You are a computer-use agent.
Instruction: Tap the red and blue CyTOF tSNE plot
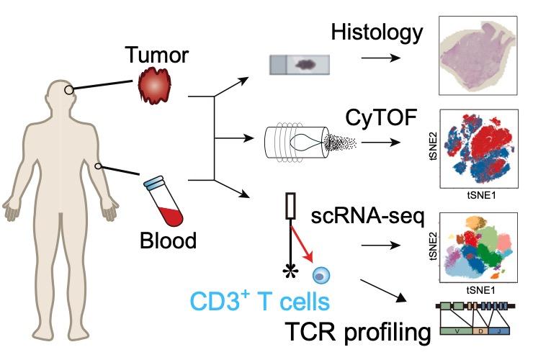480,153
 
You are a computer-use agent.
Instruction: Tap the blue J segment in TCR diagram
501,330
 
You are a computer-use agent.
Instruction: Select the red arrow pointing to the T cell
301,245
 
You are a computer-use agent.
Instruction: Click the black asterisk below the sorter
290,271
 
